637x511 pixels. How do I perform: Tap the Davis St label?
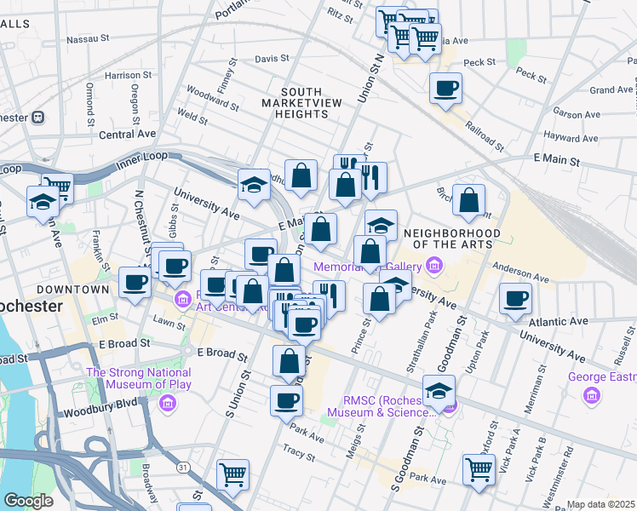pos(273,59)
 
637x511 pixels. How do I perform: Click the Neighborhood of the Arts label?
pos(452,238)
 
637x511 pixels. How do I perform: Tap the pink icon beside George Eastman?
pos(591,395)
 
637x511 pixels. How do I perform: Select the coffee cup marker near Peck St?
pos(445,89)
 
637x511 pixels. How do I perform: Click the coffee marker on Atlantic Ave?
pos(515,300)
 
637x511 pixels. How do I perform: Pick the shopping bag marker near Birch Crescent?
pos(468,201)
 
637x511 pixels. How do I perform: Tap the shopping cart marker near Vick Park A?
pos(479,469)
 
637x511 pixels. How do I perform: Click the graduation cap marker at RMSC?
pos(439,392)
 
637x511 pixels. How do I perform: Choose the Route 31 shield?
pos(182,467)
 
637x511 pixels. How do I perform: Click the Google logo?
pos(29,501)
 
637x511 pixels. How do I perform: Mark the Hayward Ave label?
pos(573,136)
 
